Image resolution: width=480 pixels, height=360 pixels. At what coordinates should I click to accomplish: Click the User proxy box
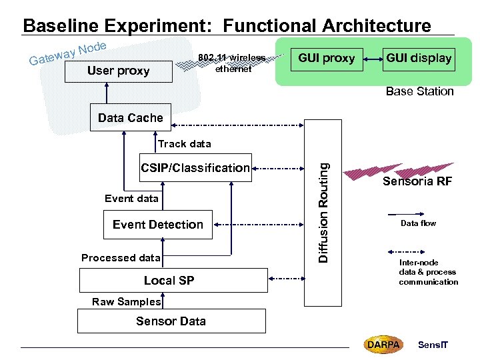pyautogui.click(x=118, y=71)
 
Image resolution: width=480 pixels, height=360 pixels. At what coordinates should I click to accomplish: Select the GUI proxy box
pyautogui.click(x=326, y=58)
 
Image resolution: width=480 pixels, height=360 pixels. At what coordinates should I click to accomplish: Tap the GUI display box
pyautogui.click(x=419, y=58)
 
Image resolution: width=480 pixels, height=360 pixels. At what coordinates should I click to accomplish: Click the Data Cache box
pyautogui.click(x=130, y=118)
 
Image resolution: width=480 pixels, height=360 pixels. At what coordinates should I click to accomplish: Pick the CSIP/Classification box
pyautogui.click(x=195, y=168)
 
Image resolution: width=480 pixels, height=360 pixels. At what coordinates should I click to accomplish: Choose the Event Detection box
pyautogui.click(x=158, y=225)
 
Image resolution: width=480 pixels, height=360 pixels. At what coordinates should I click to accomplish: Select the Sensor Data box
pyautogui.click(x=171, y=321)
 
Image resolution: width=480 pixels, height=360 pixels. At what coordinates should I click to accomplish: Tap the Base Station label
pyautogui.click(x=419, y=91)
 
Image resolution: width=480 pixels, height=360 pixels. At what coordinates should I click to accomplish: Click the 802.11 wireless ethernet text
pyautogui.click(x=232, y=63)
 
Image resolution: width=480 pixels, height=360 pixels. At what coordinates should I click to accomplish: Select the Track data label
pyautogui.click(x=185, y=144)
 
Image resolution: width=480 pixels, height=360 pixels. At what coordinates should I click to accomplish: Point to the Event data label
pyautogui.click(x=131, y=198)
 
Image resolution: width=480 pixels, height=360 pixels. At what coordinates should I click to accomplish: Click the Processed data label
pyautogui.click(x=121, y=258)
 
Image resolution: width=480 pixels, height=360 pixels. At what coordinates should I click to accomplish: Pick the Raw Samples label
pyautogui.click(x=127, y=302)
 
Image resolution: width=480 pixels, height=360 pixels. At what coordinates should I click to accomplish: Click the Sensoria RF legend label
pyautogui.click(x=417, y=182)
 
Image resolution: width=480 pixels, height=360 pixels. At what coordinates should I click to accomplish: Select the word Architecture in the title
pyautogui.click(x=376, y=26)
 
